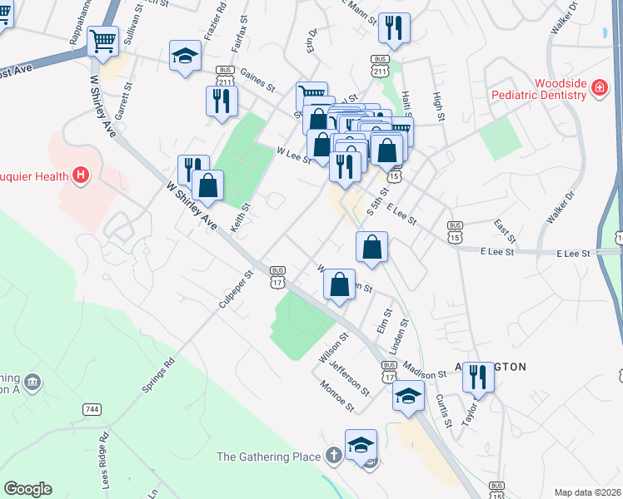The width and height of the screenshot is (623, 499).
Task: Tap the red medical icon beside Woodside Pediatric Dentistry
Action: pos(599,87)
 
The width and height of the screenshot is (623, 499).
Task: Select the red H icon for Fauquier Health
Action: pos(80,175)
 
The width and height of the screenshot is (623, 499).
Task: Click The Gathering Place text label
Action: pos(268,457)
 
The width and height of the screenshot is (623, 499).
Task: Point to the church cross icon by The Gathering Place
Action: pos(333,456)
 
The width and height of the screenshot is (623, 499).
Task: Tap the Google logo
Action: pos(27,489)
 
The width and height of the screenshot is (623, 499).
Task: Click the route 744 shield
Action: pos(92,410)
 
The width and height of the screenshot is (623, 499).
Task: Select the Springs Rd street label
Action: pos(158,375)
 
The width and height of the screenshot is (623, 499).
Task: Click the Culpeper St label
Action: pos(236,289)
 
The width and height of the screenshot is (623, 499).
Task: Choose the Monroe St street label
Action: pos(338,396)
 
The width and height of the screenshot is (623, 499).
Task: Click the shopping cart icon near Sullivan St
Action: pos(102,40)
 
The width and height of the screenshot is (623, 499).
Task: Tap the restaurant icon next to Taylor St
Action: pos(478,376)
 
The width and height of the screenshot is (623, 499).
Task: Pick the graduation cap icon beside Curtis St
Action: pos(408,396)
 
